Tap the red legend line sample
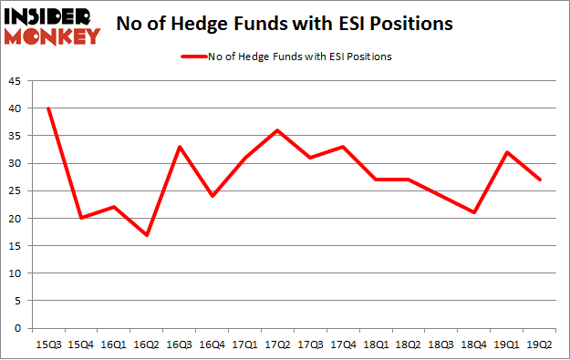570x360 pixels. click(x=194, y=57)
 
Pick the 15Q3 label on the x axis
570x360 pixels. click(x=47, y=344)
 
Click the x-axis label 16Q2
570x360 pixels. click(x=146, y=344)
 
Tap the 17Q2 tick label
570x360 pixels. click(x=277, y=344)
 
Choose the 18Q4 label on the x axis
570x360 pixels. click(x=474, y=344)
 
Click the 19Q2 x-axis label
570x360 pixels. click(x=540, y=344)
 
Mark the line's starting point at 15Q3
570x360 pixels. click(x=47, y=108)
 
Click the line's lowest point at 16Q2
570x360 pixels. click(x=146, y=235)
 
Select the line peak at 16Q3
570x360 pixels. click(x=179, y=147)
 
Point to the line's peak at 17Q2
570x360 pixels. click(x=277, y=130)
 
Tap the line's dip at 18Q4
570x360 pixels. click(x=474, y=212)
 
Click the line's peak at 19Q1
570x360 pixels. click(x=507, y=152)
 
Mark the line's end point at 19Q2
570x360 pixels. click(x=540, y=180)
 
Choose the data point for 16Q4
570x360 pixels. click(x=212, y=196)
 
